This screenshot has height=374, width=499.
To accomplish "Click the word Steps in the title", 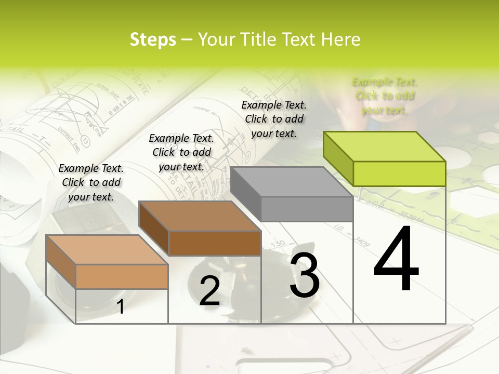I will pos(153,39).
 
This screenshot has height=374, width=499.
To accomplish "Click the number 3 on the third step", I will pos(305,274).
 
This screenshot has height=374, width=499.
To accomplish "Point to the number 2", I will pos(209,291).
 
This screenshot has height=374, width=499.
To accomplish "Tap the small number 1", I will pos(121,307).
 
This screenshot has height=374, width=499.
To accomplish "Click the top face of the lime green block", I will pos(385,146).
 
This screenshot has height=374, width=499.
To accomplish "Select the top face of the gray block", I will pos(291,182).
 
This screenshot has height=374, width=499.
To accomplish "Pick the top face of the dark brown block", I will pos(200,216).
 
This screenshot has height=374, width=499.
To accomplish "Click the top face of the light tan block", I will pos(107,250).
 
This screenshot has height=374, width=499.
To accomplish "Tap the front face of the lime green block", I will pos(399,173).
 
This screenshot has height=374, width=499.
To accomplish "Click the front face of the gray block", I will pos(307,209).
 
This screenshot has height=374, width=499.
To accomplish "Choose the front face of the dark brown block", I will pos(215,243).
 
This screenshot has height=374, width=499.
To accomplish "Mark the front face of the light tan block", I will pos(122,276).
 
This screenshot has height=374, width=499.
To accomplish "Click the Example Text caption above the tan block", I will pos(91,182).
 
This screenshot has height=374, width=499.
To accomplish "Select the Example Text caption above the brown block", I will pos(181,152).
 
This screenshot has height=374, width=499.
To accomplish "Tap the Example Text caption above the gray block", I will pos(274,119).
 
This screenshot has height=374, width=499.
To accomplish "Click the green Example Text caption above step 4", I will pos(385,96).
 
